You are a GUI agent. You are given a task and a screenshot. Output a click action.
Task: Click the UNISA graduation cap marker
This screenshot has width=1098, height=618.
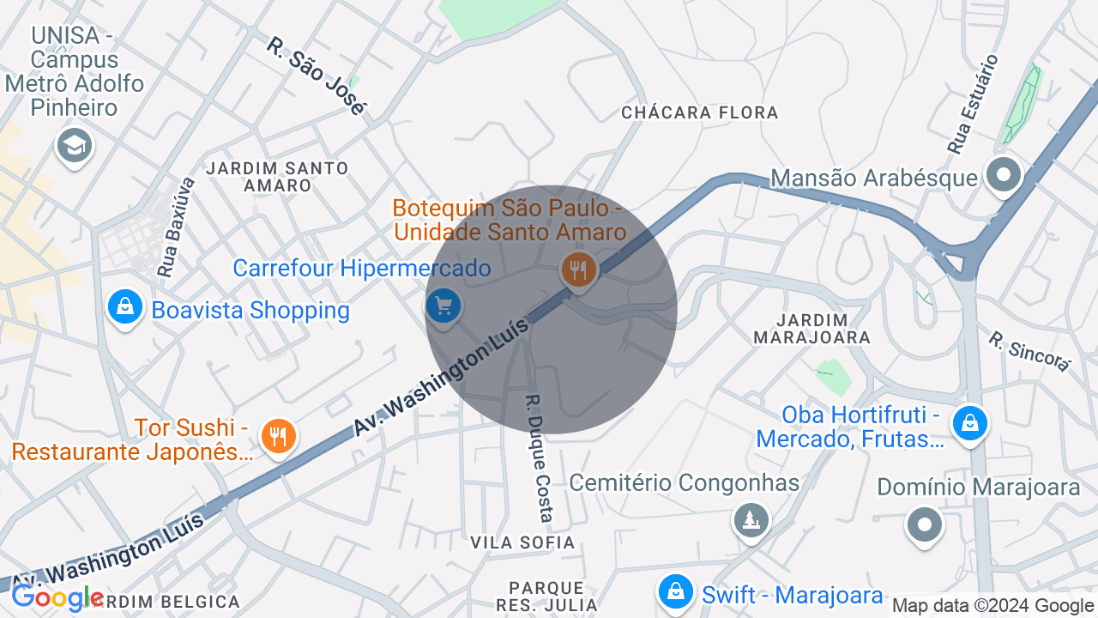75,146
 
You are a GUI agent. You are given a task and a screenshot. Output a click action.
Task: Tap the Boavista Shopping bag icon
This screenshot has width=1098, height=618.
125,306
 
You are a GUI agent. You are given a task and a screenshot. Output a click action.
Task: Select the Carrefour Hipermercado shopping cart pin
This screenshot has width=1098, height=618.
443,306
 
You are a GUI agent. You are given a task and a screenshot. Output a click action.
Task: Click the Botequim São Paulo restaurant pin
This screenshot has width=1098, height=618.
579,270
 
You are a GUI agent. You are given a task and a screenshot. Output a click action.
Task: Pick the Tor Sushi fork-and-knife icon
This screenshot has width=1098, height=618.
277,437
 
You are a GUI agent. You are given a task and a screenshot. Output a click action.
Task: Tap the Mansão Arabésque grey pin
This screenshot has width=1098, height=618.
1003,175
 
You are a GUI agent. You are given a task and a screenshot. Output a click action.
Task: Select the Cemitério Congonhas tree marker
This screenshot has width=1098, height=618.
751,519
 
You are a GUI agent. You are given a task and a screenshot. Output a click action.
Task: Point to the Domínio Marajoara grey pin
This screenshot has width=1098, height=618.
925,524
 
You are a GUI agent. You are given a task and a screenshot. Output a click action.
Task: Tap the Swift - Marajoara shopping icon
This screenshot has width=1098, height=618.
676,592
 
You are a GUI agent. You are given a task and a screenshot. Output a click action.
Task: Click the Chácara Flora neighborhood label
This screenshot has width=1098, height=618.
699,112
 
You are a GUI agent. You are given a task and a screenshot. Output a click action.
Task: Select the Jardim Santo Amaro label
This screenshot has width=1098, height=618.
277,176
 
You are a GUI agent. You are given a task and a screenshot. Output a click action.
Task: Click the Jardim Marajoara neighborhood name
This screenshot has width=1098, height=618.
811,329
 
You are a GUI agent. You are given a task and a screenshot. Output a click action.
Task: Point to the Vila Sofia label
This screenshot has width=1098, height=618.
522,542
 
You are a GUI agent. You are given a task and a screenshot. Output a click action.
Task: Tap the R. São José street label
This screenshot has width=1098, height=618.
316,75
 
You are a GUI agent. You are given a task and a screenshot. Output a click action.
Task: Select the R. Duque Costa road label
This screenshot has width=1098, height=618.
539,458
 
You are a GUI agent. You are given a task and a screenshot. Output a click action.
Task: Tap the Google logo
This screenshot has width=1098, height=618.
58,597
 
